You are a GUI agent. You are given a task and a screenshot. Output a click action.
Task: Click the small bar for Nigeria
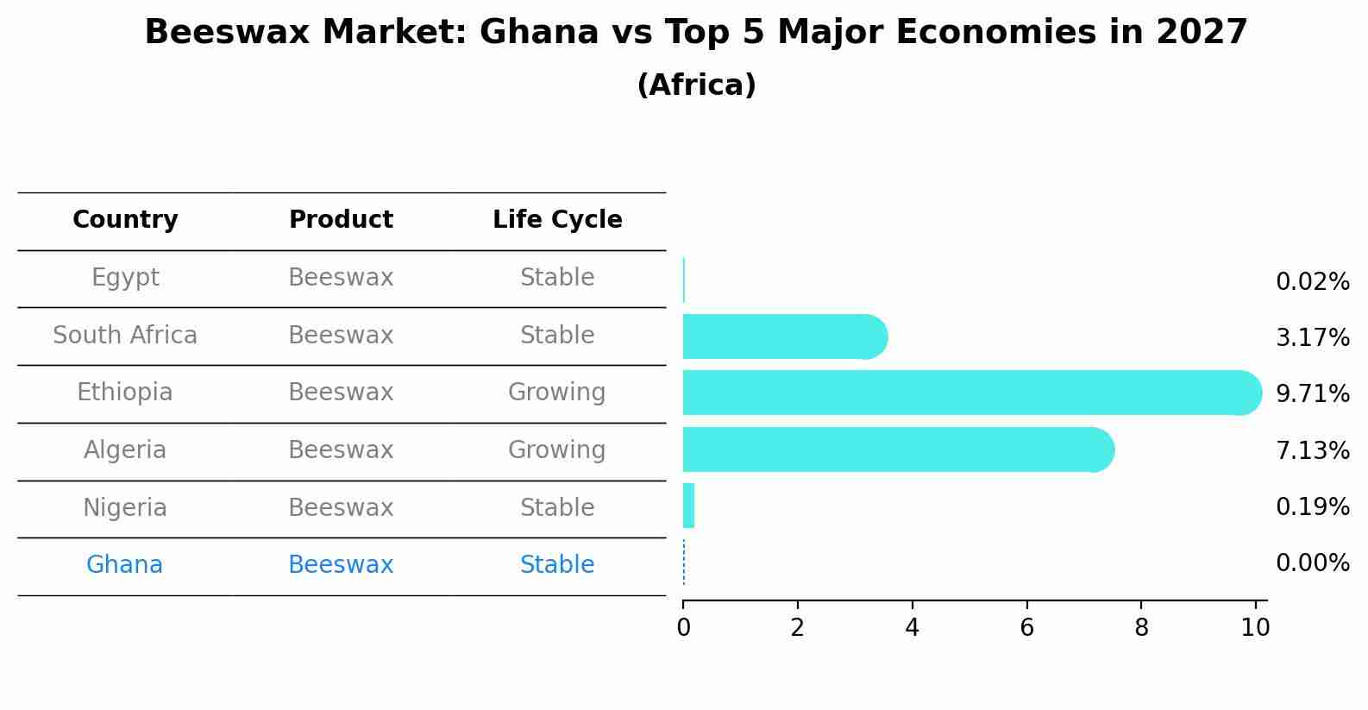pyautogui.click(x=688, y=506)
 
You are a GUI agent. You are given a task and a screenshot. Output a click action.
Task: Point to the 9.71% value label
pyautogui.click(x=1312, y=394)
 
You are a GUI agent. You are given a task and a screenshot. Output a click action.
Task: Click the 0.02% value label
pyautogui.click(x=1312, y=282)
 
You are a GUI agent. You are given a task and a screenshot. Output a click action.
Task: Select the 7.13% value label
pyautogui.click(x=1312, y=450)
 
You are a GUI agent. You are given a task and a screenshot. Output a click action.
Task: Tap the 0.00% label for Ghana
pyautogui.click(x=1312, y=563)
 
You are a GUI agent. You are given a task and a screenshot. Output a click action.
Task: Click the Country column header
pyautogui.click(x=125, y=220)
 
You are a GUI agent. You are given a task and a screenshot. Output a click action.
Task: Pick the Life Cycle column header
pyautogui.click(x=557, y=220)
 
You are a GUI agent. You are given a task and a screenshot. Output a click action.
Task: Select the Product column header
pyautogui.click(x=341, y=220)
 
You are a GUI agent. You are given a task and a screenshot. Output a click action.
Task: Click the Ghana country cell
pyautogui.click(x=125, y=565)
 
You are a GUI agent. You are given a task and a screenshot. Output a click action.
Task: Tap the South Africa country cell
pyautogui.click(x=125, y=336)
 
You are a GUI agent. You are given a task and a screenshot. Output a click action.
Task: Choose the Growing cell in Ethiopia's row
pyautogui.click(x=557, y=393)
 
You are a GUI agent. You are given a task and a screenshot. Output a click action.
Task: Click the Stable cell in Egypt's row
pyautogui.click(x=557, y=278)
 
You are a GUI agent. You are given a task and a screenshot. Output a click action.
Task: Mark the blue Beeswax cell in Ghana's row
pyautogui.click(x=341, y=565)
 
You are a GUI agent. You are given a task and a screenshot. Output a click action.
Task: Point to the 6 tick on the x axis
pyautogui.click(x=1026, y=627)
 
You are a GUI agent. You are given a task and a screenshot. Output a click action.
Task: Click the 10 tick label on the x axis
pyautogui.click(x=1255, y=627)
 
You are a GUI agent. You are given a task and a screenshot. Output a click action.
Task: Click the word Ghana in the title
pyautogui.click(x=539, y=33)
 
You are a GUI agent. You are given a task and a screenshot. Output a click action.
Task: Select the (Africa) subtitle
pyautogui.click(x=696, y=85)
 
